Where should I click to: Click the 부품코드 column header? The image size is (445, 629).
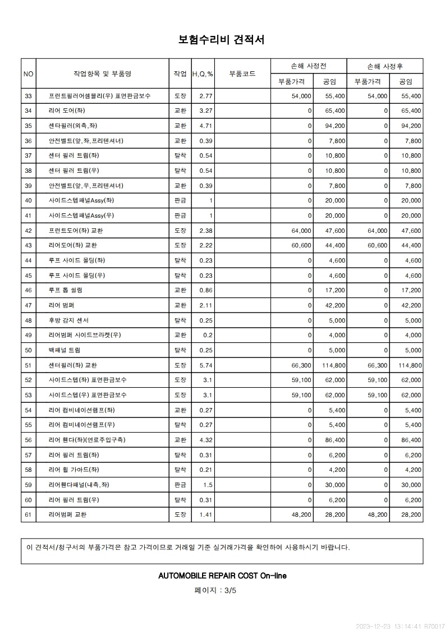pos(242,74)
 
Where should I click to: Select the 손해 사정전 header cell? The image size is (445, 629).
pos(308,66)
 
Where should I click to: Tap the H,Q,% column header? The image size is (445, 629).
pos(203,74)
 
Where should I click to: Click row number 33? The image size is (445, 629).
pos(29,96)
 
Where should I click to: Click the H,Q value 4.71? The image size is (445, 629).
pos(205,126)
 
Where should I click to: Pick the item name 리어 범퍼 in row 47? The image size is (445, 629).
pos(62,305)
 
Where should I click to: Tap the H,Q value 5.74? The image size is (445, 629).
pos(205,365)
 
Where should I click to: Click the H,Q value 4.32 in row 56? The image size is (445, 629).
pos(205,440)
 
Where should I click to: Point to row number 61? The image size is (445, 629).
pos(29,515)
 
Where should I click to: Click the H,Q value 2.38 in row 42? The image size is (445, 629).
pos(205,231)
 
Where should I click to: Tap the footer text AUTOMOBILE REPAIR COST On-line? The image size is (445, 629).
pos(222,576)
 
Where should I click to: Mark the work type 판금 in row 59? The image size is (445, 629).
pos(180,485)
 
